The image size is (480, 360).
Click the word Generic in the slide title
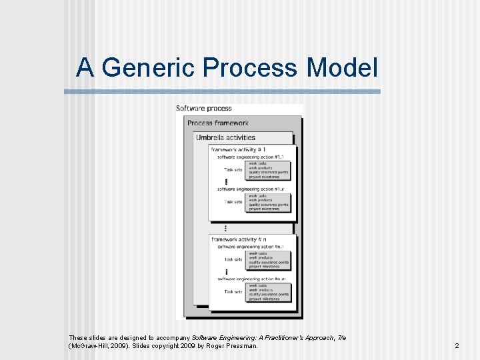pos(149,67)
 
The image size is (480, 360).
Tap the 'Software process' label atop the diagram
pos(204,108)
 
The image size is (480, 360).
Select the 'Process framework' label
pos(218,123)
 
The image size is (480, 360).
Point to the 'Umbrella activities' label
pos(225,137)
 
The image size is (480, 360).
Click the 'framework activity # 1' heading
pos(238,149)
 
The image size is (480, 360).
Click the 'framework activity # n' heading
pos(239,239)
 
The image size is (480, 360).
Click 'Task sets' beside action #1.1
pos(233,169)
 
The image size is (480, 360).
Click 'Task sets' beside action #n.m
pos(233,291)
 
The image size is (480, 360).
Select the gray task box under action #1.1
pos(269,169)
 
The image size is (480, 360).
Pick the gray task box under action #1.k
pos(269,202)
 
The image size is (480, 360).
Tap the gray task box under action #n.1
pos(269,260)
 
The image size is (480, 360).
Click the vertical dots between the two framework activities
pos(226,227)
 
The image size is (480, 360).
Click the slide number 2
pos(457,346)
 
